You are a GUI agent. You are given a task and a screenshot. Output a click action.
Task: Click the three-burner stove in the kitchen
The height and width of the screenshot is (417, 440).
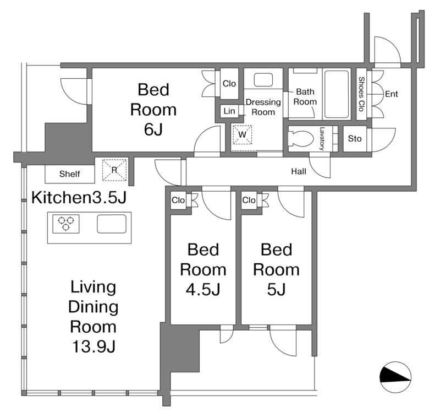(66, 224)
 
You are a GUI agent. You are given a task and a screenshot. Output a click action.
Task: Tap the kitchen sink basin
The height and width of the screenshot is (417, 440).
(112, 224)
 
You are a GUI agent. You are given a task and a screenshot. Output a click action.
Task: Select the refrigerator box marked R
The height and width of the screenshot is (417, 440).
(114, 170)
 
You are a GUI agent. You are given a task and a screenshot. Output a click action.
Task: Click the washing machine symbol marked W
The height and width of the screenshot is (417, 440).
(242, 134)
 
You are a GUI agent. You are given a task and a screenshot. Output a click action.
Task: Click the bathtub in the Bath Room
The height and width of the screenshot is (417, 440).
(337, 94)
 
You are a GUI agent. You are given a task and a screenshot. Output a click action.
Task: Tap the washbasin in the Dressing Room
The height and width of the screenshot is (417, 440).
(263, 80)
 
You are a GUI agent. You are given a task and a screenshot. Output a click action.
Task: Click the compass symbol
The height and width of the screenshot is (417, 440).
(395, 377)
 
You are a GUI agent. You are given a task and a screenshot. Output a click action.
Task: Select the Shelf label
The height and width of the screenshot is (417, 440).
(70, 174)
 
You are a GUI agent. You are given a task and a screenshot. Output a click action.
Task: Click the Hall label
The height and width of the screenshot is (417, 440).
(299, 171)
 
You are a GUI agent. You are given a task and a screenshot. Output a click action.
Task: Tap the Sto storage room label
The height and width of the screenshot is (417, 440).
(355, 138)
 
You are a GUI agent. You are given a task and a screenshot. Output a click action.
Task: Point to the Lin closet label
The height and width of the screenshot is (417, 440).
(229, 111)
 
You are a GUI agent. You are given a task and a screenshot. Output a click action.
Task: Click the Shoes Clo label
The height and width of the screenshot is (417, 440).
(361, 94)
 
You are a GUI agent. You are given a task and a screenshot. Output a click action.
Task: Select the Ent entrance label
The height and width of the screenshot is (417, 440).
(392, 94)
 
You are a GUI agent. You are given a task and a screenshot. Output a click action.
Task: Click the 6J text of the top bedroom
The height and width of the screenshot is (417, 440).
(153, 129)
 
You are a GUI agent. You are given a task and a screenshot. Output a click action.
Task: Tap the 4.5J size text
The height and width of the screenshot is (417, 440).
(203, 289)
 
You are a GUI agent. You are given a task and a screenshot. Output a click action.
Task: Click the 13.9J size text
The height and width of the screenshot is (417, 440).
(94, 346)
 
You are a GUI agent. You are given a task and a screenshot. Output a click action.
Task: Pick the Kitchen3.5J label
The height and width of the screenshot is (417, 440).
(79, 197)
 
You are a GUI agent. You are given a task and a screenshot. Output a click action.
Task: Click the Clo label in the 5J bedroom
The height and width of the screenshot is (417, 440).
(249, 200)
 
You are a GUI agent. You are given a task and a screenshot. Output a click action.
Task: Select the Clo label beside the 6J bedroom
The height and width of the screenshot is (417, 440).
(229, 84)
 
